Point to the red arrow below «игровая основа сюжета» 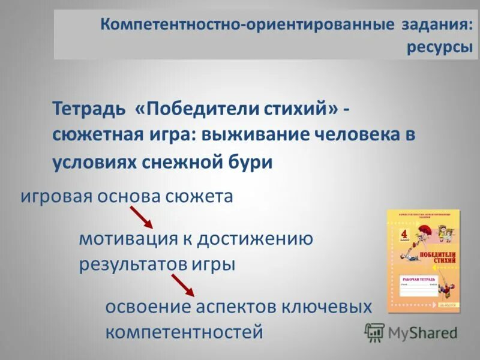(142, 217)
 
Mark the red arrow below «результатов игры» (183, 285)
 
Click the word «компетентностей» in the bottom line (184, 332)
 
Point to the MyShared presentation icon (374, 332)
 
